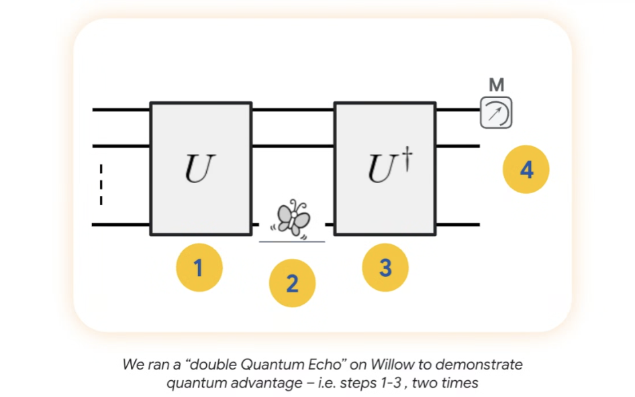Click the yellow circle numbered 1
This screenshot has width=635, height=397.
click(x=199, y=268)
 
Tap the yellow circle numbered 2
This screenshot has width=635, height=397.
click(x=292, y=284)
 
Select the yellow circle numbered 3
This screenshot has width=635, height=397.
click(x=385, y=268)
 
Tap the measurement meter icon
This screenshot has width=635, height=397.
click(x=495, y=113)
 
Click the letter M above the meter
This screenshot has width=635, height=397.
click(x=496, y=85)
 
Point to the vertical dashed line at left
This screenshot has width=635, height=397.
click(x=101, y=184)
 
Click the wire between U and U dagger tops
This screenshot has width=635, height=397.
click(x=293, y=109)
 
